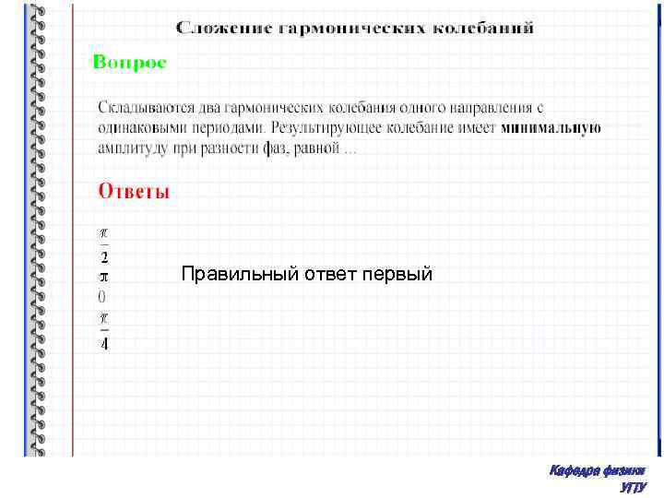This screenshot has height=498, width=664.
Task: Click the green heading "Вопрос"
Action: [x=129, y=63]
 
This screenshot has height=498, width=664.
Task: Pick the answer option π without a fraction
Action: [x=103, y=276]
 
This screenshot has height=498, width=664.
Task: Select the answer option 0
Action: [x=102, y=297]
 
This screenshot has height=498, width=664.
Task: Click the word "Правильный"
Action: [x=231, y=274]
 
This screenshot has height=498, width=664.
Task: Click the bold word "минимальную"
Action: [x=551, y=128]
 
